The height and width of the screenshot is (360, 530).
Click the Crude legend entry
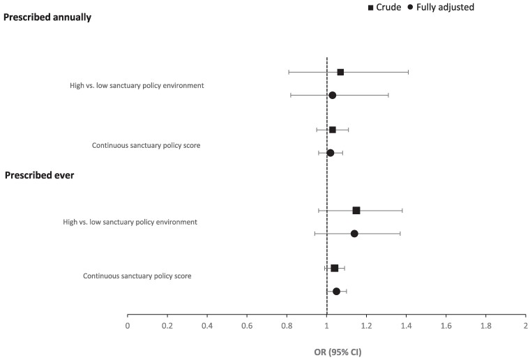385,7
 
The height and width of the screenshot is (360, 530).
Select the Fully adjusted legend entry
441,7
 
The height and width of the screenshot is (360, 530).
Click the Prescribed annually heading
47,17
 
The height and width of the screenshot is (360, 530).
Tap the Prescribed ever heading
39,175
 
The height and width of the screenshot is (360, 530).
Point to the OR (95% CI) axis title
338,352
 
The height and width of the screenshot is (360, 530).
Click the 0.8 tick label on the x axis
287,326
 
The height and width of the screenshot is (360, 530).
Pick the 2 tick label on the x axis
526,326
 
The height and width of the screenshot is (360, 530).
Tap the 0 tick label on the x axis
128,326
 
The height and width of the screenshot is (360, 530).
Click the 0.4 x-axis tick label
207,326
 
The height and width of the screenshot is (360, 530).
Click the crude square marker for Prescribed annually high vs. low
340,72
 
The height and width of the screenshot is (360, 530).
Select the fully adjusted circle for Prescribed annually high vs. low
332,95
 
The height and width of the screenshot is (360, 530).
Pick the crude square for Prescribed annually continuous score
332,130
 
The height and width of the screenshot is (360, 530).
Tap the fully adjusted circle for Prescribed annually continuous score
331,153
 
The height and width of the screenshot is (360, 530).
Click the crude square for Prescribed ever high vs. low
356,211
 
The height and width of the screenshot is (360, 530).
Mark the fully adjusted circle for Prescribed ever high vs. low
354,234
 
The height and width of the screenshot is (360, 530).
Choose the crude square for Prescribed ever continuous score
335,268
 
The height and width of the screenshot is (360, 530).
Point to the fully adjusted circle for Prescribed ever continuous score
336,292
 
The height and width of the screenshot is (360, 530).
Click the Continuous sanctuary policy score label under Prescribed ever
137,276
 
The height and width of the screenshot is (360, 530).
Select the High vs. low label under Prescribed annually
137,86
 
